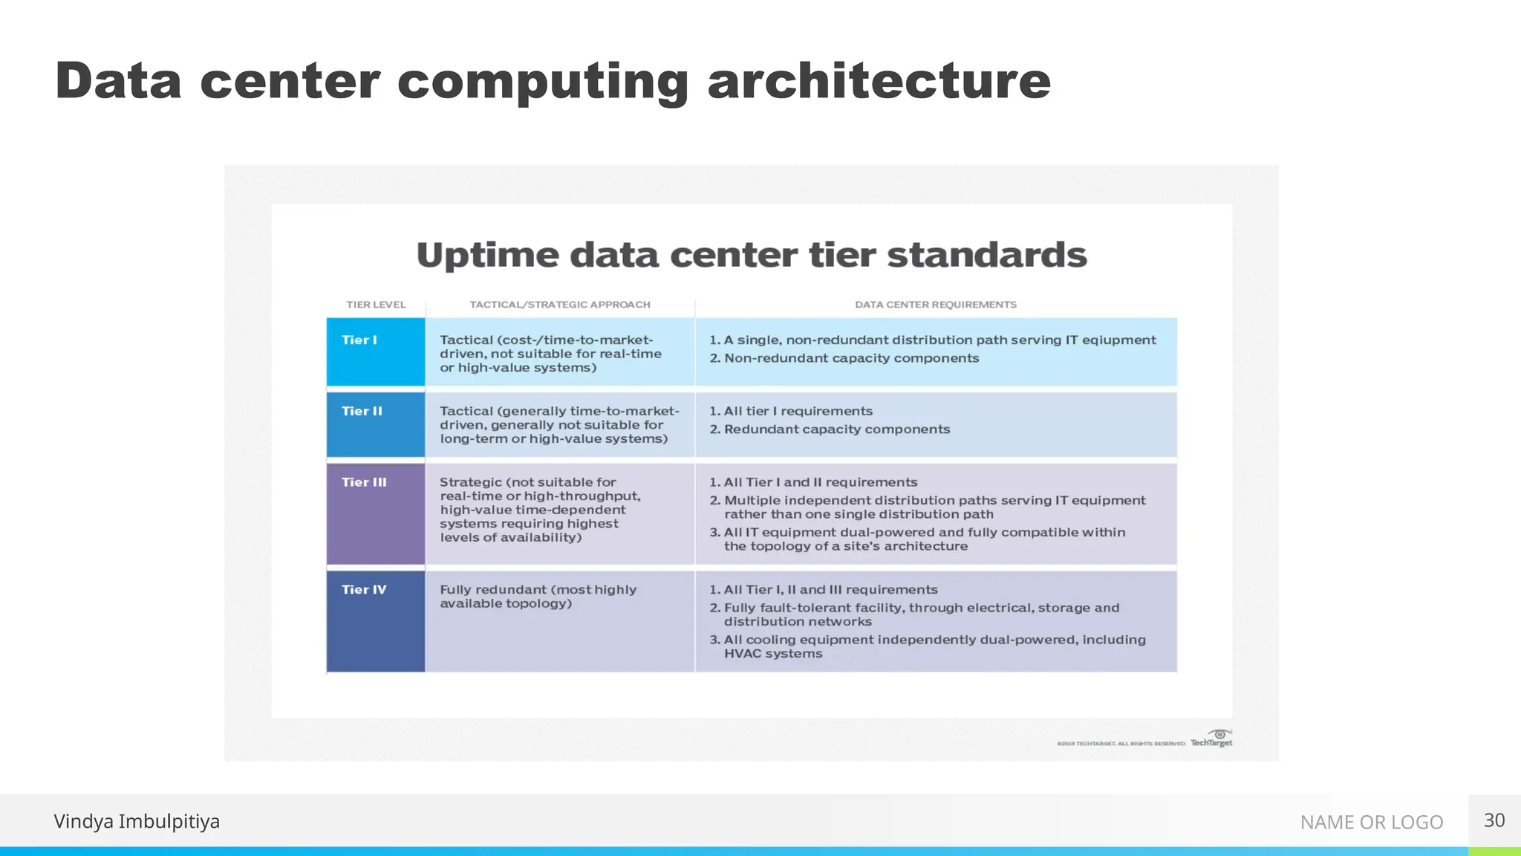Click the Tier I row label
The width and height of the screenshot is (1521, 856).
coord(359,340)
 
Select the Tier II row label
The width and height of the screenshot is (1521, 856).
coord(362,412)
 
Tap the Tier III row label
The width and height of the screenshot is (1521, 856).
coord(364,482)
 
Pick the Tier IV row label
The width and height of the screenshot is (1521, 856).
coord(364,590)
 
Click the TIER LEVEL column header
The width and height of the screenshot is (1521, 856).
coord(376,305)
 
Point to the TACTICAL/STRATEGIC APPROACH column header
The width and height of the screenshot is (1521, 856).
coord(559,305)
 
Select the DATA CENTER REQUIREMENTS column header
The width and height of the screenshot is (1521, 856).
coord(935,305)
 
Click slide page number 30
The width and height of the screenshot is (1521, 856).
coord(1494,820)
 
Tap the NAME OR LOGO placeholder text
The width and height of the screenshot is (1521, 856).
coord(1371,822)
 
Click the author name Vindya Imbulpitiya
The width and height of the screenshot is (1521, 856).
coord(137,821)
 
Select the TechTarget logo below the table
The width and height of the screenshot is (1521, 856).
coord(1211,739)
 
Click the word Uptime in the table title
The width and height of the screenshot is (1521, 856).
coord(487,256)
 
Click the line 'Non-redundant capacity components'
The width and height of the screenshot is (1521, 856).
coord(851,358)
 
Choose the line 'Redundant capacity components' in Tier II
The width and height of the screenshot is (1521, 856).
coord(836,429)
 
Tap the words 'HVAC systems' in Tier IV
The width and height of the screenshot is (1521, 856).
coord(773,654)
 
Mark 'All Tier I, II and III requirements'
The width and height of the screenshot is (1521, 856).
coord(830,590)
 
